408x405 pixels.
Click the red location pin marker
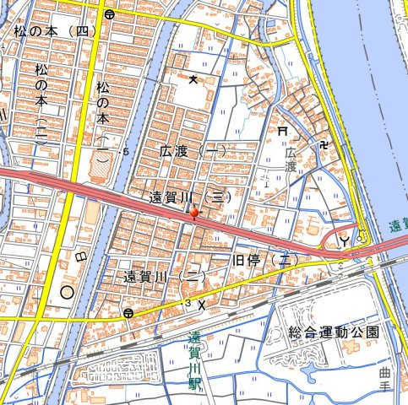click(x=195, y=213)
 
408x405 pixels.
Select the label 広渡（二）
click(x=193, y=151)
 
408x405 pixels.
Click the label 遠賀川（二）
click(x=165, y=276)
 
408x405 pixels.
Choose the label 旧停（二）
click(x=266, y=260)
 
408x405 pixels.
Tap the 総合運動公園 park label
click(x=333, y=332)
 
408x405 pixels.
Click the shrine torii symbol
click(x=283, y=131)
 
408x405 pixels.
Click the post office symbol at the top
click(x=109, y=14)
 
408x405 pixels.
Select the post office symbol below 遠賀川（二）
click(x=128, y=313)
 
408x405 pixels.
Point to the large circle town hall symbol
click(x=66, y=294)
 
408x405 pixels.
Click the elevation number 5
click(x=126, y=152)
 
